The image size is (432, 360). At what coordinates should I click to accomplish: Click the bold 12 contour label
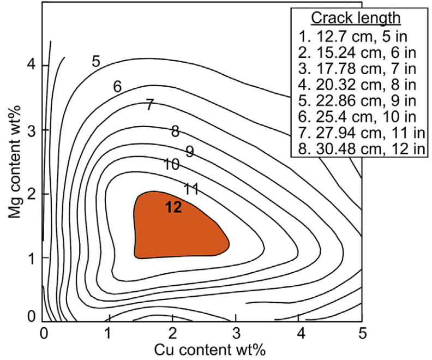click(173, 207)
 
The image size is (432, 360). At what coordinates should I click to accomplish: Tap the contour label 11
click(191, 189)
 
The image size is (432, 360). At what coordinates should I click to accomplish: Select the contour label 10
click(171, 164)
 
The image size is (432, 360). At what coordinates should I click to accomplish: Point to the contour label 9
click(190, 152)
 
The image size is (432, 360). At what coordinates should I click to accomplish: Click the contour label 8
click(176, 131)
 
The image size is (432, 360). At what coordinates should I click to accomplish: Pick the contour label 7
click(149, 105)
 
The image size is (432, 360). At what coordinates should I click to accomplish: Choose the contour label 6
click(117, 87)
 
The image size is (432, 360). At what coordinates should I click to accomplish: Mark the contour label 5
click(96, 62)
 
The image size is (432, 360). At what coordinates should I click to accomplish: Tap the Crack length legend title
click(356, 17)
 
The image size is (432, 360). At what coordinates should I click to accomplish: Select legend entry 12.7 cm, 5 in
click(353, 37)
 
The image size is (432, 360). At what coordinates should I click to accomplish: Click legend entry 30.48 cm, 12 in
click(362, 149)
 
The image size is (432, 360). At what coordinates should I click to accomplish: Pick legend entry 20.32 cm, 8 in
click(357, 85)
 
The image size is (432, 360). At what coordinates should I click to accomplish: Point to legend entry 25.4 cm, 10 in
click(357, 117)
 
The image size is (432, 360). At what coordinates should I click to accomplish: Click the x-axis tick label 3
click(236, 333)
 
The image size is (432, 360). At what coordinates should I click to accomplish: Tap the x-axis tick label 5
click(363, 333)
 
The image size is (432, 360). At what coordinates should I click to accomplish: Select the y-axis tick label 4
click(32, 65)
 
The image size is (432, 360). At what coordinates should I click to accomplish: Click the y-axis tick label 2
click(32, 194)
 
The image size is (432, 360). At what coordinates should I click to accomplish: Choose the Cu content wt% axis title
click(209, 350)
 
